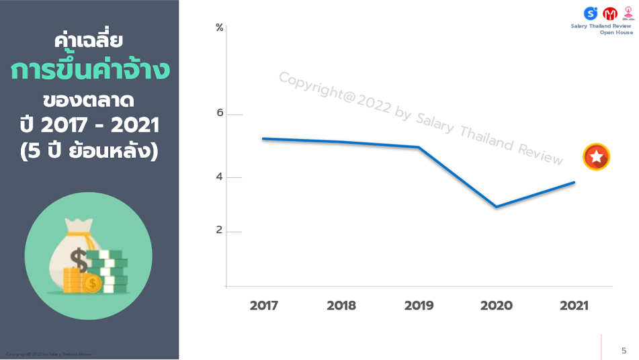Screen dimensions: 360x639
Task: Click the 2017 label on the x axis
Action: pos(263,306)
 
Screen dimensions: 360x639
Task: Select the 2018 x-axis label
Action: pos(341,306)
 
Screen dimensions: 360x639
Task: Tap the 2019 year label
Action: pos(419,306)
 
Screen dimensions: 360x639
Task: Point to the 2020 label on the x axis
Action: pos(496,306)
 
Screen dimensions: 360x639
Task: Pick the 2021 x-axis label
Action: pos(574,306)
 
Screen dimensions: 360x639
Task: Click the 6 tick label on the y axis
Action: pos(220,113)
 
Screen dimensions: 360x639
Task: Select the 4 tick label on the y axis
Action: pos(220,177)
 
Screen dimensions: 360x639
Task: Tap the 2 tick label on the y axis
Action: pos(220,230)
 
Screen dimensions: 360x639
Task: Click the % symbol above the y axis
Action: pos(220,28)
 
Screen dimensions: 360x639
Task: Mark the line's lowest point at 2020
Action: pos(497,207)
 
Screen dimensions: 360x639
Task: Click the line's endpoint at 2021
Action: pos(574,182)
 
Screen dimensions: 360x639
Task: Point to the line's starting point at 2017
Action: pos(263,138)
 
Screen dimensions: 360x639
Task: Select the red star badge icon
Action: pos(596,157)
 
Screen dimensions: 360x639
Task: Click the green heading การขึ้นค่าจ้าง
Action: pos(89,71)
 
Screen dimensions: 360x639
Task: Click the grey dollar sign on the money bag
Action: pos(79,259)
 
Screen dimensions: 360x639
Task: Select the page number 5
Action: pos(624,350)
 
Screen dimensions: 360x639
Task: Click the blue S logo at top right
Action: pos(591,13)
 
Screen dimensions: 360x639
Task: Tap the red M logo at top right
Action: pos(610,13)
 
